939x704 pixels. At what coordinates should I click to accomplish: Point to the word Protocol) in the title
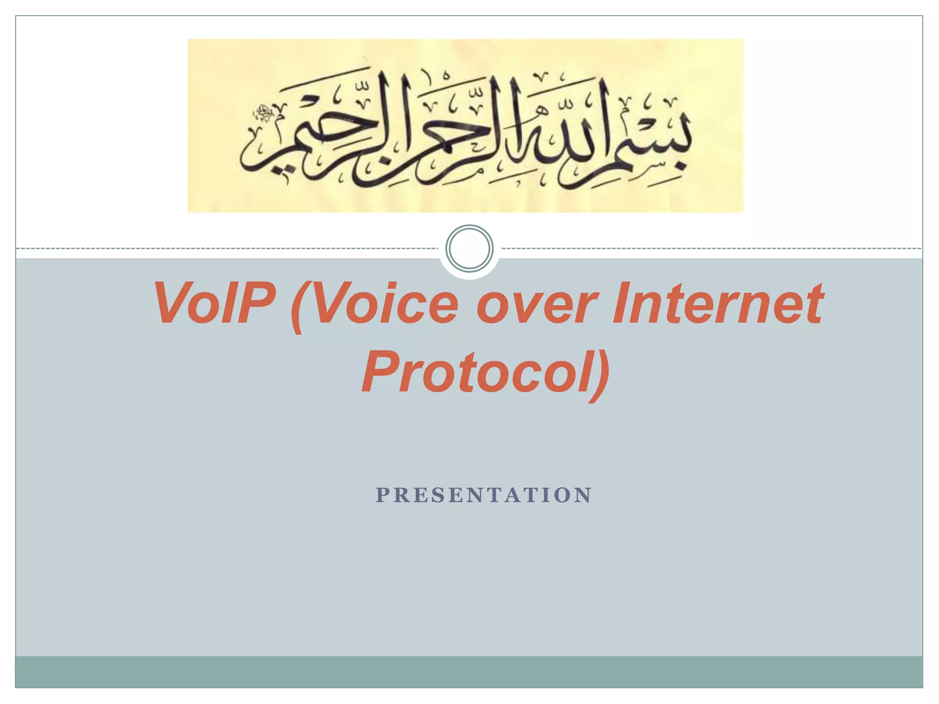pyautogui.click(x=486, y=372)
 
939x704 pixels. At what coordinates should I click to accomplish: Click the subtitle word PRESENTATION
pyautogui.click(x=484, y=495)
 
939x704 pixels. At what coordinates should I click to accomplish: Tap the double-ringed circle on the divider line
pyautogui.click(x=469, y=248)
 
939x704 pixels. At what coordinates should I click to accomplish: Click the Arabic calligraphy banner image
pyautogui.click(x=465, y=126)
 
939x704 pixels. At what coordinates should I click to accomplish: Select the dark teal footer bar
pyautogui.click(x=469, y=671)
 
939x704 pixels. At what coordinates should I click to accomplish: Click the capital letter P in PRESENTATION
pyautogui.click(x=382, y=495)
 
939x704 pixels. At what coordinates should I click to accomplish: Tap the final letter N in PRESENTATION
pyautogui.click(x=585, y=495)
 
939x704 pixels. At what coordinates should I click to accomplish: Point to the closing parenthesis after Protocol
pyautogui.click(x=601, y=374)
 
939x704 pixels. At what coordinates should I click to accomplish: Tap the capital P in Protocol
pyautogui.click(x=383, y=371)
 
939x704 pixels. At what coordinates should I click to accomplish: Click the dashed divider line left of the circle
pyautogui.click(x=229, y=248)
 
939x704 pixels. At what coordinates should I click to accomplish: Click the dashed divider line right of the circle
pyautogui.click(x=711, y=248)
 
